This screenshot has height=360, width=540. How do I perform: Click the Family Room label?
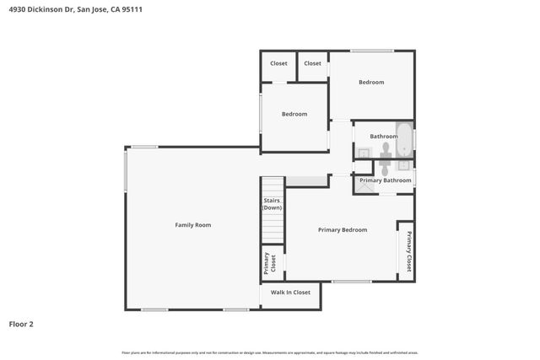192,225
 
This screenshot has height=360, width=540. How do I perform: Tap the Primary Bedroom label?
342,230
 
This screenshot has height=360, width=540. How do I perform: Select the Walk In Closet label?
289,293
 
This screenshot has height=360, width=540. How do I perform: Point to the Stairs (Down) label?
272,204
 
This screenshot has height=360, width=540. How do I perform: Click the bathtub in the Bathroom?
404,140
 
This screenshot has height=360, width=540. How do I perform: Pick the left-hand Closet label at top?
278,63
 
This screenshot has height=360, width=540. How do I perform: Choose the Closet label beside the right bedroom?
312,63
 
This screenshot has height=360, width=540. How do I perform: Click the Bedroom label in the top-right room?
371,83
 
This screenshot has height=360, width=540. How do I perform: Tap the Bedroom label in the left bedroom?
294,114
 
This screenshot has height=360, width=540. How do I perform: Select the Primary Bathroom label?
386,180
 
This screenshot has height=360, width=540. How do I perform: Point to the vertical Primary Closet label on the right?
409,250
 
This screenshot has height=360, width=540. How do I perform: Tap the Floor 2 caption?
21,324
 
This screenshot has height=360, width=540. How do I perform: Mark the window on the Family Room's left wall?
126,169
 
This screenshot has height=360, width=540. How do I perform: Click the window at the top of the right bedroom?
372,51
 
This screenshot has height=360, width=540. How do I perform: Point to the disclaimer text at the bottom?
270,352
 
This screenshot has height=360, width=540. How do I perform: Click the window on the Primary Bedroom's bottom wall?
351,281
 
